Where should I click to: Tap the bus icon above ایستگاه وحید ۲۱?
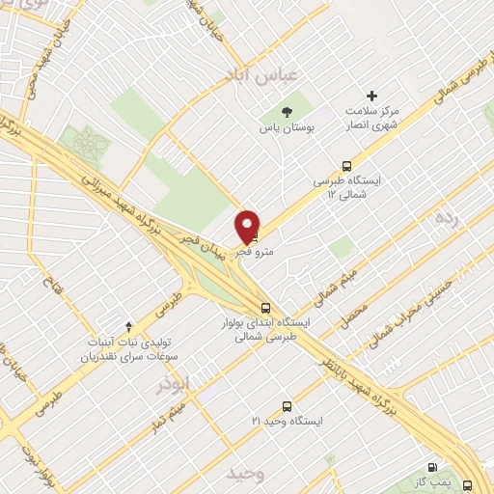286,406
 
